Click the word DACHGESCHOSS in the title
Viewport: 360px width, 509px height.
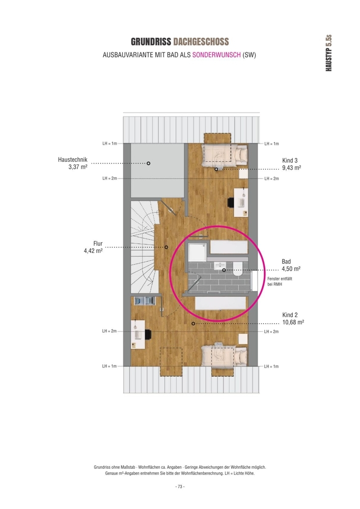[x=201, y=42]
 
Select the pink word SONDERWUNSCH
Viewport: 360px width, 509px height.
[x=216, y=55]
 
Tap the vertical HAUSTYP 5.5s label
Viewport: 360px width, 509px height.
[x=328, y=53]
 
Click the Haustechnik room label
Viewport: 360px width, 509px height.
[x=73, y=160]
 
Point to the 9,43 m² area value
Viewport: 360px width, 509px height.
[x=291, y=168]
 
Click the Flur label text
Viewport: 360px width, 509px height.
[x=98, y=243]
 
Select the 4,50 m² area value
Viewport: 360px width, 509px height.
[x=291, y=269]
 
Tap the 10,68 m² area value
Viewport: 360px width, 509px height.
[x=293, y=322]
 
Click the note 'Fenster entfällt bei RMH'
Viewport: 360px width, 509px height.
[x=280, y=281]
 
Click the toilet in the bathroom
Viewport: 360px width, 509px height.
[x=237, y=269]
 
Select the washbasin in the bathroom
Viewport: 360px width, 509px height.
[x=220, y=266]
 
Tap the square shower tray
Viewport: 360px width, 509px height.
[x=197, y=252]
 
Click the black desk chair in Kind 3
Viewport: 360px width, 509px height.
[x=231, y=203]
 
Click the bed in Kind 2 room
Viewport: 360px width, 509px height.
[x=224, y=355]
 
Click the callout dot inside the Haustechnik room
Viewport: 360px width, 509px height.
[x=148, y=163]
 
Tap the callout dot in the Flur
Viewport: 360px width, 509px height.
[x=166, y=247]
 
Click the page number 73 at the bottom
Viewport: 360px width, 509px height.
[x=180, y=487]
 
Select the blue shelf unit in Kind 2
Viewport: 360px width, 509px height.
[x=145, y=301]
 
